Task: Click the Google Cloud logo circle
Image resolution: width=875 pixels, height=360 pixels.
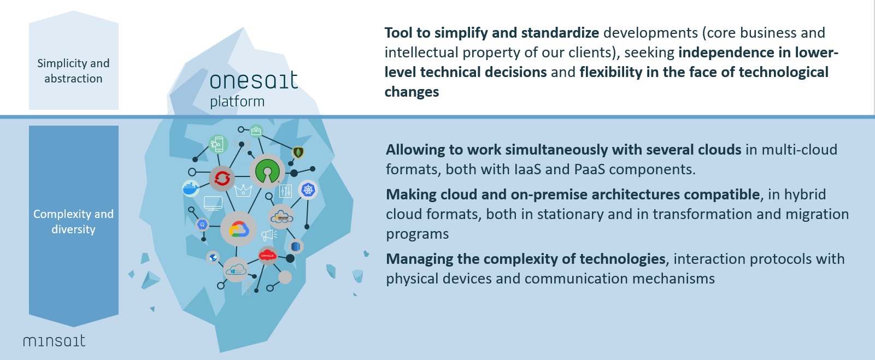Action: (x=238, y=229)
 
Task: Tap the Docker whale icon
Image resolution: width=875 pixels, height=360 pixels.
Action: (x=191, y=188)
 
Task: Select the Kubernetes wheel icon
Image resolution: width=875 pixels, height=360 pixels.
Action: (x=308, y=190)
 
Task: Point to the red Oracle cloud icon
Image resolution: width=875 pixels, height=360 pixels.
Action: (x=268, y=256)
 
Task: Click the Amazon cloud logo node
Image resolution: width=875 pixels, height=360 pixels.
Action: (x=281, y=217)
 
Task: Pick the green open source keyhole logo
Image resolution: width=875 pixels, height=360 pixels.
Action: (x=267, y=171)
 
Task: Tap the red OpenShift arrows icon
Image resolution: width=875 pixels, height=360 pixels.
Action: (x=222, y=179)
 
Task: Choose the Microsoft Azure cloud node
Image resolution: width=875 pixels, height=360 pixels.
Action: (x=236, y=269)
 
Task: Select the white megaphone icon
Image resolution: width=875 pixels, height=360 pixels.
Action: (x=269, y=235)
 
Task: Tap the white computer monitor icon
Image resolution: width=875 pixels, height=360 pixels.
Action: (x=213, y=203)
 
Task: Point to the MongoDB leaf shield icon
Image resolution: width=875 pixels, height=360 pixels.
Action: (x=298, y=152)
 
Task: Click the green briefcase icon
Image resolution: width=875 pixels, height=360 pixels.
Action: (x=256, y=132)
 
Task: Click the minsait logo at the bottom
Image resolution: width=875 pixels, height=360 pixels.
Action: (x=54, y=341)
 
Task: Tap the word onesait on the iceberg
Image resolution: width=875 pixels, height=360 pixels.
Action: (x=254, y=80)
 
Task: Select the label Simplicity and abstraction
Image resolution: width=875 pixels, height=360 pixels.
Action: (x=73, y=70)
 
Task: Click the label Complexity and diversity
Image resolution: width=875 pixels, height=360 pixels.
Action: (x=73, y=221)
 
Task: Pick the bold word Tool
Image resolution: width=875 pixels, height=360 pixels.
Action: (x=398, y=33)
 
